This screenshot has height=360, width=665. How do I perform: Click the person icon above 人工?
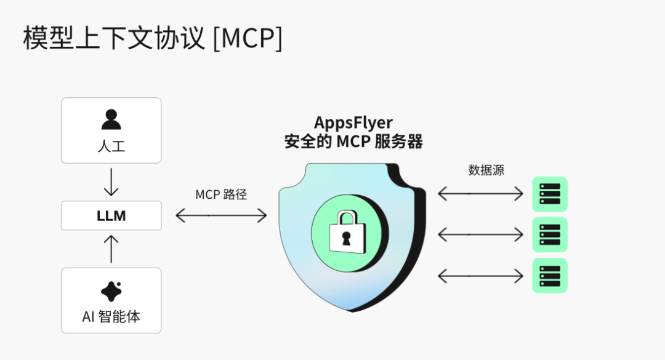pos(111,119)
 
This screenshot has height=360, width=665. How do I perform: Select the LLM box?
pos(111,215)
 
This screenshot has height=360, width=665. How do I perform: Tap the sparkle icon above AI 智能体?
pos(111,291)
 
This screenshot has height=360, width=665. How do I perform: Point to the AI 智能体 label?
pos(111,317)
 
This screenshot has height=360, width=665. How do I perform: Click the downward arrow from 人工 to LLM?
pos(111,183)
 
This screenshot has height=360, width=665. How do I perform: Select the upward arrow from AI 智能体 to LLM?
pos(111,248)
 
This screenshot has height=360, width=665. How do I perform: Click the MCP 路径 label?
pos(221,194)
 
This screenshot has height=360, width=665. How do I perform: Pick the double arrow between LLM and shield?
pos(221,215)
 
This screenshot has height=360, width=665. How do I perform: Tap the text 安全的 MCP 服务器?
pos(353,142)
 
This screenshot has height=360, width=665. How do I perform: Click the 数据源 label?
pos(486,170)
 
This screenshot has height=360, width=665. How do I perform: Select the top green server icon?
pos(549,194)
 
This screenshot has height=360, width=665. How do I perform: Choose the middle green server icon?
pos(549,234)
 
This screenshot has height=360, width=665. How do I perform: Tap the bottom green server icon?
pos(549,276)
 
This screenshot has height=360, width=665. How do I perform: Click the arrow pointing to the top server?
pos(480,194)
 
